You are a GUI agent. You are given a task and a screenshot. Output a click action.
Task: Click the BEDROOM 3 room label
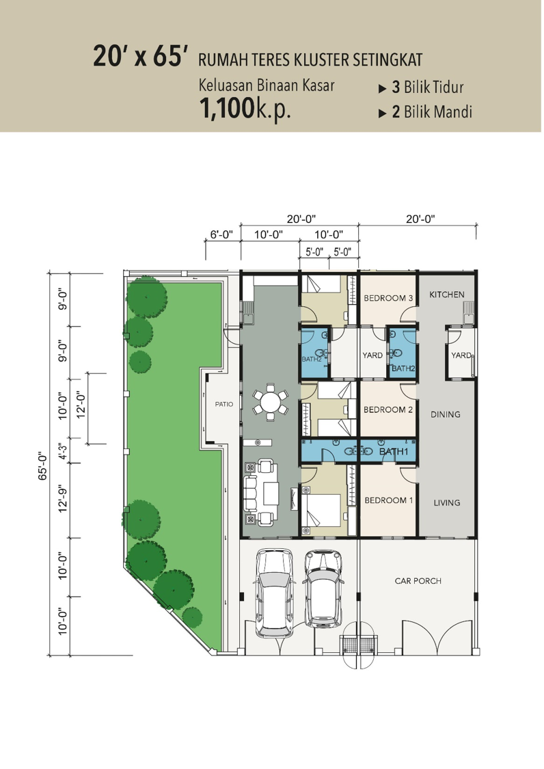(x=388, y=298)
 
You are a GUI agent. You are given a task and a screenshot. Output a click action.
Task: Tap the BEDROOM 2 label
(x=388, y=409)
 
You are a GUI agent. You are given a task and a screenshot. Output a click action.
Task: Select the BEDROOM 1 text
(x=388, y=500)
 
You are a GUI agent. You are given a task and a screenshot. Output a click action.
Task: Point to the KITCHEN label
(x=446, y=294)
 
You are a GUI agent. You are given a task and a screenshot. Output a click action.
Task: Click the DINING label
(x=446, y=414)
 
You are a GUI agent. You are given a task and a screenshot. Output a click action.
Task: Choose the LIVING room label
(x=446, y=502)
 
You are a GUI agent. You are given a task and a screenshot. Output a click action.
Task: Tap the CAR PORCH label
(x=418, y=581)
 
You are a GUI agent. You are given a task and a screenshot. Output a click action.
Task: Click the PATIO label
(x=224, y=404)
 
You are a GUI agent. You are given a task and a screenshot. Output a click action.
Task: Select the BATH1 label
(x=394, y=451)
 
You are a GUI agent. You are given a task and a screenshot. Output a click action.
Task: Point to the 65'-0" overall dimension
(x=42, y=466)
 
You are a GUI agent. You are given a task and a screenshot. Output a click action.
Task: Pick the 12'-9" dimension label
(x=62, y=500)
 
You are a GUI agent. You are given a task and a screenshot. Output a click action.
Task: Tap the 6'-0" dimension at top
(x=221, y=234)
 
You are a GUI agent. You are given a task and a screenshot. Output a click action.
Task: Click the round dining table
(x=270, y=403)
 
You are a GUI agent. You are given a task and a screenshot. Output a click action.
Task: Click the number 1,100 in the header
(x=227, y=109)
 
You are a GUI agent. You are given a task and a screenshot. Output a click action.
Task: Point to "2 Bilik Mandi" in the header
(x=432, y=112)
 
